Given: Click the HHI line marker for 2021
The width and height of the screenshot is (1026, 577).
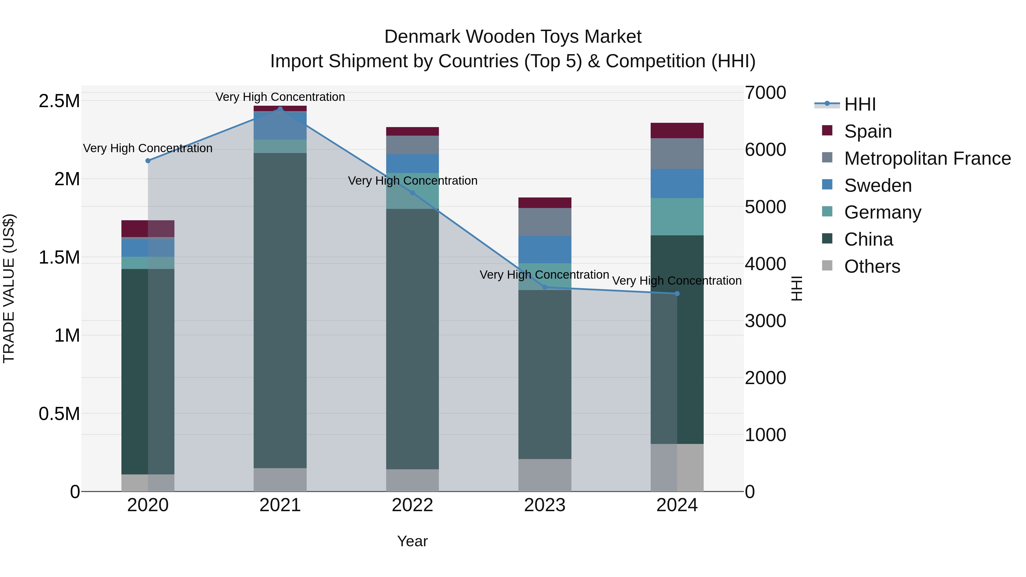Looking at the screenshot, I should pyautogui.click(x=280, y=109).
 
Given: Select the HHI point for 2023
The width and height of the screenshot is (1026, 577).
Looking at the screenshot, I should pyautogui.click(x=545, y=287).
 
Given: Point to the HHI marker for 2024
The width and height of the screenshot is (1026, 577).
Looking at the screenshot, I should pyautogui.click(x=677, y=294).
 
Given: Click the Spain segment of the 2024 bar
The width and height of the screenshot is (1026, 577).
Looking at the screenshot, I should pyautogui.click(x=677, y=131).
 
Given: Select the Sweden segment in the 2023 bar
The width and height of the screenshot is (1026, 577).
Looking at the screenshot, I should pyautogui.click(x=545, y=250).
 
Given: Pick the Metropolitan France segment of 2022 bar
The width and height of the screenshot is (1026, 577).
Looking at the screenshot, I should pyautogui.click(x=413, y=145).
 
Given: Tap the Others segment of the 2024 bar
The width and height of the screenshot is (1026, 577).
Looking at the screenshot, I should pyautogui.click(x=677, y=468).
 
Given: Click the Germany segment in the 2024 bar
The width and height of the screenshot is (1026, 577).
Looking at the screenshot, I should pyautogui.click(x=677, y=217).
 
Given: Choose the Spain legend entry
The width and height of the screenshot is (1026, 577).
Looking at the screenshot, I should pyautogui.click(x=868, y=131).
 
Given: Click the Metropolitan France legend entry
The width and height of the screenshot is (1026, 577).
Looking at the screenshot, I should pyautogui.click(x=927, y=158).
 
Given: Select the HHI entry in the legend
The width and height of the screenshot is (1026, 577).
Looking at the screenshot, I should pyautogui.click(x=860, y=104).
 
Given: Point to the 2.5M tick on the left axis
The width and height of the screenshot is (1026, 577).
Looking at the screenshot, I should pyautogui.click(x=59, y=101).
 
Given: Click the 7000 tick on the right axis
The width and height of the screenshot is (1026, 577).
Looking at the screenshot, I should pyautogui.click(x=766, y=93).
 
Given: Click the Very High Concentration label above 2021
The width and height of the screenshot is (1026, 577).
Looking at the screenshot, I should pyautogui.click(x=280, y=97).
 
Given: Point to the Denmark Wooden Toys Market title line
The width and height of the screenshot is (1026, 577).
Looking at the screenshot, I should pyautogui.click(x=513, y=37).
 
